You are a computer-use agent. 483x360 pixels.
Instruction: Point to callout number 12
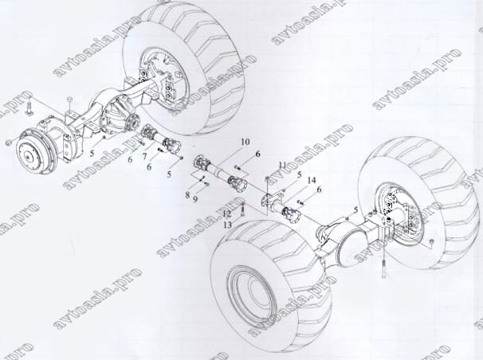coord(227,213)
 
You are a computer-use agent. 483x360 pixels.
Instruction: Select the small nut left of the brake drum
coord(7,141)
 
